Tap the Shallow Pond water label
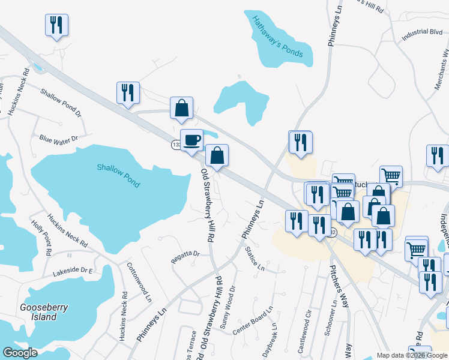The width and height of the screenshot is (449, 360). tap(119, 175)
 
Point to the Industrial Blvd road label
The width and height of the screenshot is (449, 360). tap(422, 35)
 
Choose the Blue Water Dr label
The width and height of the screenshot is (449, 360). tap(59, 139)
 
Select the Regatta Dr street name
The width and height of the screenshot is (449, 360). tap(185, 254)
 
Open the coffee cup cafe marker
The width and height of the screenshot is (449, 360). tap(192, 140)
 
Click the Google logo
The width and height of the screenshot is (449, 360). tap(20, 353)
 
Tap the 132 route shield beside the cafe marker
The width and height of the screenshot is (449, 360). tap(176, 145)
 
